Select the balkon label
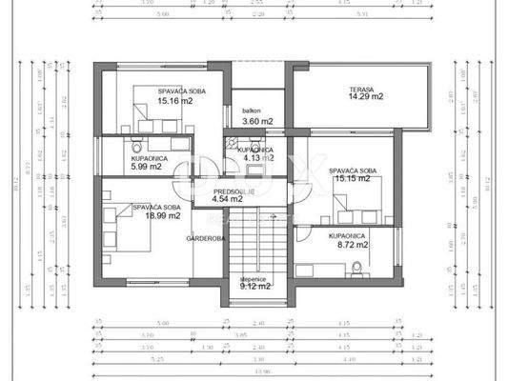point(252,110)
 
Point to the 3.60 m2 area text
point(257,122)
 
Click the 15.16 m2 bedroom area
point(175,100)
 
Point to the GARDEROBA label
point(205,238)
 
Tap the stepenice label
point(254,276)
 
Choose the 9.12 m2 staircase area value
point(254,285)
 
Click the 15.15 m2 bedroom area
point(348,179)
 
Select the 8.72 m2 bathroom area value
point(349,245)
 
